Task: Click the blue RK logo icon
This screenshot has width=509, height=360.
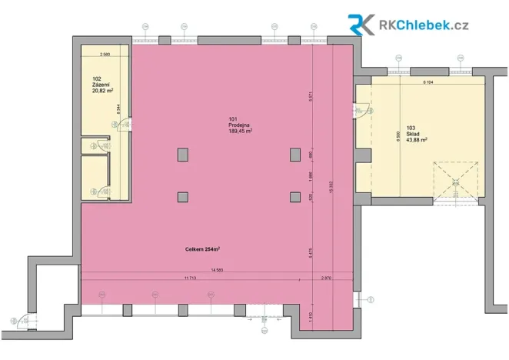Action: tap(361, 25)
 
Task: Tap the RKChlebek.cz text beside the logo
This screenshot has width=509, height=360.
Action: tap(424, 25)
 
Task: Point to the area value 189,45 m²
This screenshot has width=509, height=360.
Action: tap(241, 132)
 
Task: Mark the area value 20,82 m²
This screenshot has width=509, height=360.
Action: tap(102, 92)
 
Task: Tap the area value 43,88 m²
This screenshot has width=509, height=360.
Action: tap(416, 141)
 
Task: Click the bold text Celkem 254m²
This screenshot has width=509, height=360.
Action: tap(202, 249)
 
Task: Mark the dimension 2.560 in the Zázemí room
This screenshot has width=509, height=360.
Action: tap(105, 55)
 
